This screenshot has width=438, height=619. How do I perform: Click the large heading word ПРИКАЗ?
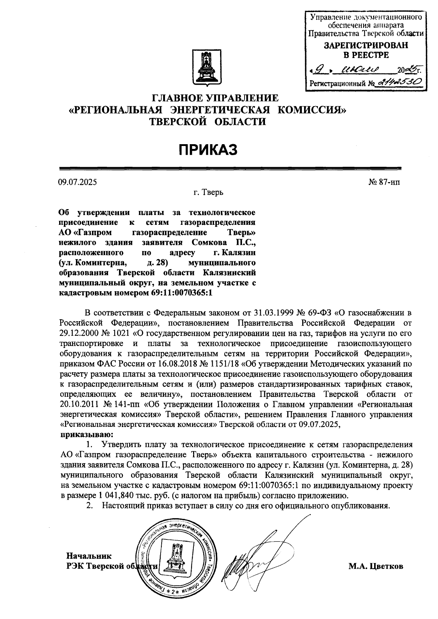pyautogui.click(x=208, y=149)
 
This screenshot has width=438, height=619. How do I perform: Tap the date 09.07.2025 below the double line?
pyautogui.click(x=77, y=182)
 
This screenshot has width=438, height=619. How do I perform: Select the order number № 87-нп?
pyautogui.click(x=384, y=182)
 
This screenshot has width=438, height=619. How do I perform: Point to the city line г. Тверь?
pyautogui.click(x=208, y=192)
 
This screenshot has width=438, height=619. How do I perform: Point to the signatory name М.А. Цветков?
pyautogui.click(x=376, y=566)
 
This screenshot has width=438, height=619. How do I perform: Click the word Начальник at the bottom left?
pyautogui.click(x=89, y=556)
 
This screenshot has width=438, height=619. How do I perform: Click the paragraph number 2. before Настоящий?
pyautogui.click(x=89, y=505)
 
